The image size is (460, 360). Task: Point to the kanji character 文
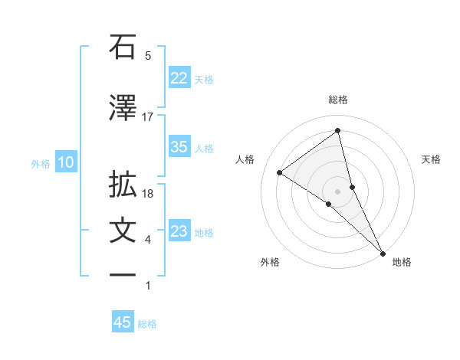click(x=123, y=231)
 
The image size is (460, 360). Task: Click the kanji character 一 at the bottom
click(x=123, y=276)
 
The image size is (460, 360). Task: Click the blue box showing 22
click(x=179, y=78)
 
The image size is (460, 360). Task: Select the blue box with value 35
click(x=179, y=148)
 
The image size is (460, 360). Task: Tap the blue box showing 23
click(x=179, y=231)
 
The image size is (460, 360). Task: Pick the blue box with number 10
click(x=66, y=162)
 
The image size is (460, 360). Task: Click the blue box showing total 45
click(x=123, y=322)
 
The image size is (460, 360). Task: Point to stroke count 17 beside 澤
click(x=148, y=117)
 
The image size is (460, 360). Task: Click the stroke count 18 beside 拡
click(x=148, y=194)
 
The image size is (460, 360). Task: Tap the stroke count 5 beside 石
click(x=148, y=56)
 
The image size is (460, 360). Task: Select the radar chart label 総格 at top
click(x=337, y=100)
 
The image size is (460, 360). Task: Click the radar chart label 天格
click(x=432, y=159)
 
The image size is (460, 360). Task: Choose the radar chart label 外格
click(x=270, y=262)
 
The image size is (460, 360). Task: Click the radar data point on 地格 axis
click(x=383, y=252)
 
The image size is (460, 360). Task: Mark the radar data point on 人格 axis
click(x=280, y=172)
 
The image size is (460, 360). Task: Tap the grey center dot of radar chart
click(x=337, y=191)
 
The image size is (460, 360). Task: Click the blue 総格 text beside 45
click(x=147, y=324)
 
